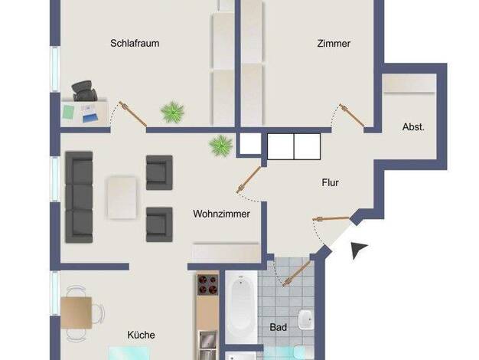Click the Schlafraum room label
(135, 43)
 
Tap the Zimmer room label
(334, 43)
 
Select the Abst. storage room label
(413, 127)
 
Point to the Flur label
(331, 182)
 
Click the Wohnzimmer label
(221, 214)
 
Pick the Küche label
(141, 335)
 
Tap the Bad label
(279, 327)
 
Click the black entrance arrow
(358, 250)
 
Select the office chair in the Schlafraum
(84, 91)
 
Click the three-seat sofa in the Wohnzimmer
(79, 198)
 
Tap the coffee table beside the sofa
(122, 198)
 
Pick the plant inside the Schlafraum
(173, 112)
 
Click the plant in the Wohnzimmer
(221, 146)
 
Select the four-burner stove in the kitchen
(207, 284)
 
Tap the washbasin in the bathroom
(306, 320)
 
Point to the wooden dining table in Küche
(76, 313)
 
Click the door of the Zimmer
(352, 116)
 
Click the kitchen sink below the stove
(207, 345)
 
